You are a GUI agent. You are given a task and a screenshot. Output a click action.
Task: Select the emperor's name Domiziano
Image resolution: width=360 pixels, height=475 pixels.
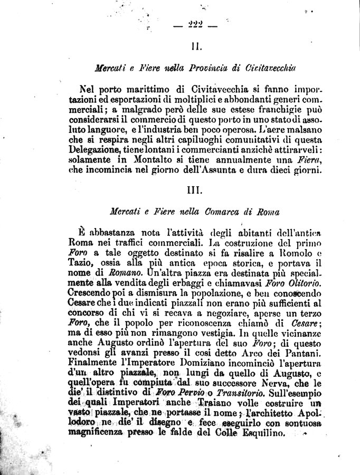(207, 363)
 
